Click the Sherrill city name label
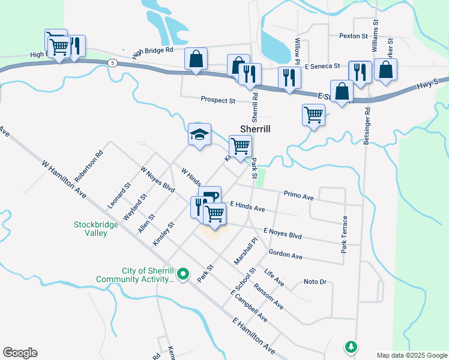pyautogui.click(x=255, y=129)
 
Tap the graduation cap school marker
pyautogui.click(x=200, y=134)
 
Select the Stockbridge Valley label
pyautogui.click(x=91, y=229)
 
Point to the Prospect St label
pyautogui.click(x=218, y=100)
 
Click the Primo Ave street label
pyautogui.click(x=299, y=196)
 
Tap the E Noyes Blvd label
pyautogui.click(x=283, y=233)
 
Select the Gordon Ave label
pyautogui.click(x=286, y=255)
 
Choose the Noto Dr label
pyautogui.click(x=315, y=281)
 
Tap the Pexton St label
pyautogui.click(x=353, y=36)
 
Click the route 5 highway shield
pyautogui.click(x=112, y=62)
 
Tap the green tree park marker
pyautogui.click(x=351, y=346)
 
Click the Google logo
pyautogui.click(x=20, y=353)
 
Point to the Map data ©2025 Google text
pyautogui.click(x=411, y=355)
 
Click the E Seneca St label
pyautogui.click(x=322, y=66)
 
